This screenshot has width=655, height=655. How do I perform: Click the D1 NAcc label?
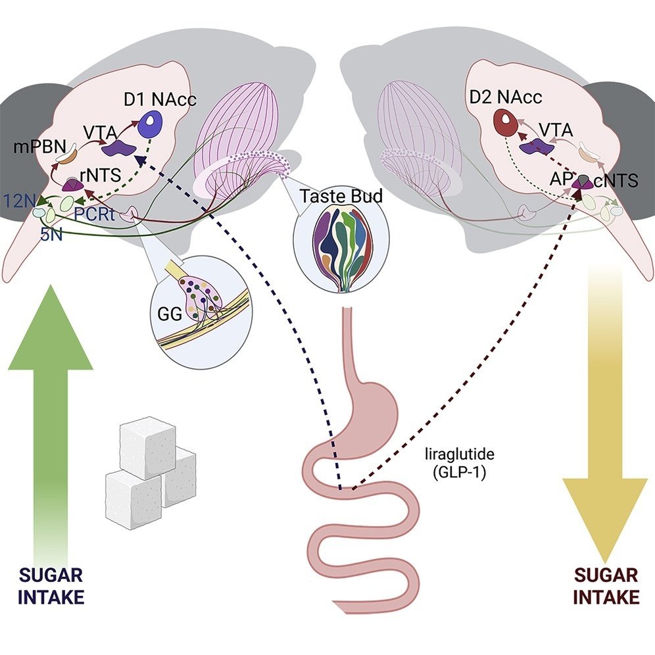[x=160, y=100]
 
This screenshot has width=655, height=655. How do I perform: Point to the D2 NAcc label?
[x=506, y=99]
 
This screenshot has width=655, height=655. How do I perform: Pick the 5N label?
[x=51, y=235]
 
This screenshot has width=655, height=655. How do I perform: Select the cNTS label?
[x=616, y=181]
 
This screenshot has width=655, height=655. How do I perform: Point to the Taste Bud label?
[x=333, y=195]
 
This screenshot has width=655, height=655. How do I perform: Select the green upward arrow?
[x=50, y=408]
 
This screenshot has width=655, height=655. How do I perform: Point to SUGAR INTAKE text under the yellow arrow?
[x=606, y=586]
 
